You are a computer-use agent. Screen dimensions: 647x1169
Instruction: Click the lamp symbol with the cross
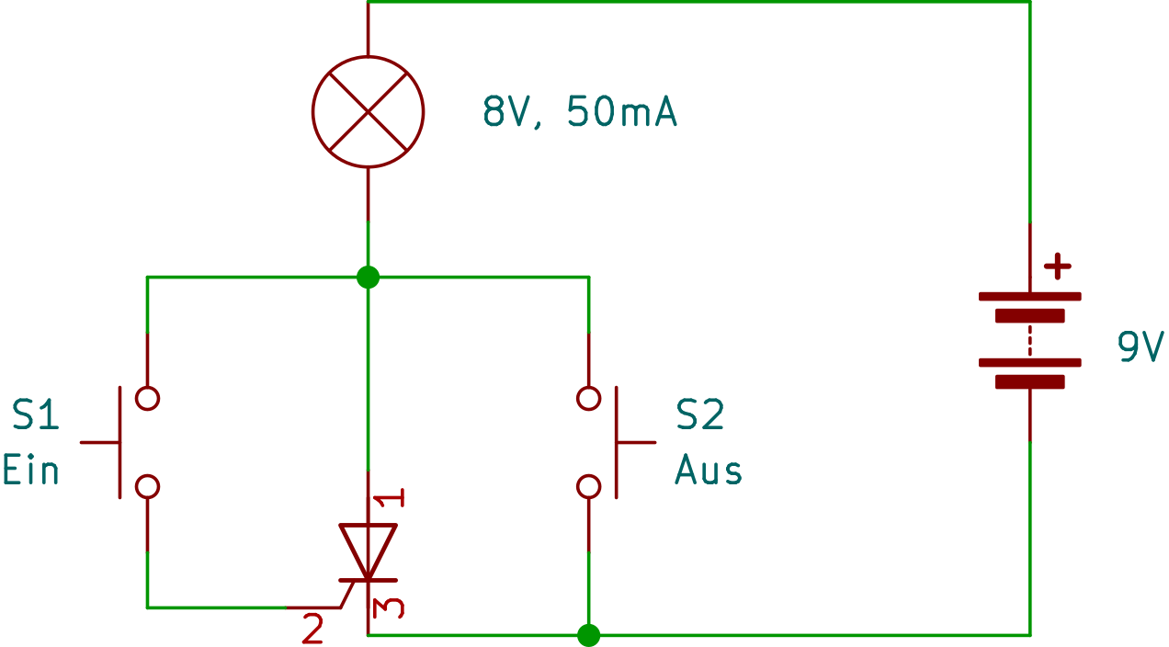pyautogui.click(x=368, y=111)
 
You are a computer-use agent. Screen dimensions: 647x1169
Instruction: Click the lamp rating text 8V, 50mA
pyautogui.click(x=580, y=112)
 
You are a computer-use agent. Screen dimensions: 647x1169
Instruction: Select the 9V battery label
pyautogui.click(x=1141, y=347)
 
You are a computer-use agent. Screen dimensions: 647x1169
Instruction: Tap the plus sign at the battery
pyautogui.click(x=1058, y=267)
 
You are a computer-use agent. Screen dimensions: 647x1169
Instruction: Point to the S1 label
pyautogui.click(x=36, y=415)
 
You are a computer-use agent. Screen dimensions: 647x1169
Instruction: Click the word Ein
pyautogui.click(x=30, y=470)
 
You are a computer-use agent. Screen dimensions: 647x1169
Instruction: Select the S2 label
pyautogui.click(x=699, y=415)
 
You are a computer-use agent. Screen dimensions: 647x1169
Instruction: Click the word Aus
pyautogui.click(x=708, y=471)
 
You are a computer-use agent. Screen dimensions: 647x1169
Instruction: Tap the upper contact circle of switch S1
pyautogui.click(x=147, y=398)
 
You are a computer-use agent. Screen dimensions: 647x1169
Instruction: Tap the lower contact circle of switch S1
pyautogui.click(x=147, y=486)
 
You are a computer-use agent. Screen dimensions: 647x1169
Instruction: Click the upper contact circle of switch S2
pyautogui.click(x=588, y=398)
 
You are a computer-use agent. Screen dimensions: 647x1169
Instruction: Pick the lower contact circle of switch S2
pyautogui.click(x=588, y=486)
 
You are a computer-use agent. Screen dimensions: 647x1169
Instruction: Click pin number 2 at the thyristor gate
pyautogui.click(x=312, y=630)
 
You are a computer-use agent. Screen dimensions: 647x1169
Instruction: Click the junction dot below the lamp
pyautogui.click(x=368, y=277)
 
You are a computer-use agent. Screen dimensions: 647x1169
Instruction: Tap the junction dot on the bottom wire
pyautogui.click(x=588, y=635)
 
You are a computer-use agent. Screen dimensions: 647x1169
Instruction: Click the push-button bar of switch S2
pyautogui.click(x=616, y=442)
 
